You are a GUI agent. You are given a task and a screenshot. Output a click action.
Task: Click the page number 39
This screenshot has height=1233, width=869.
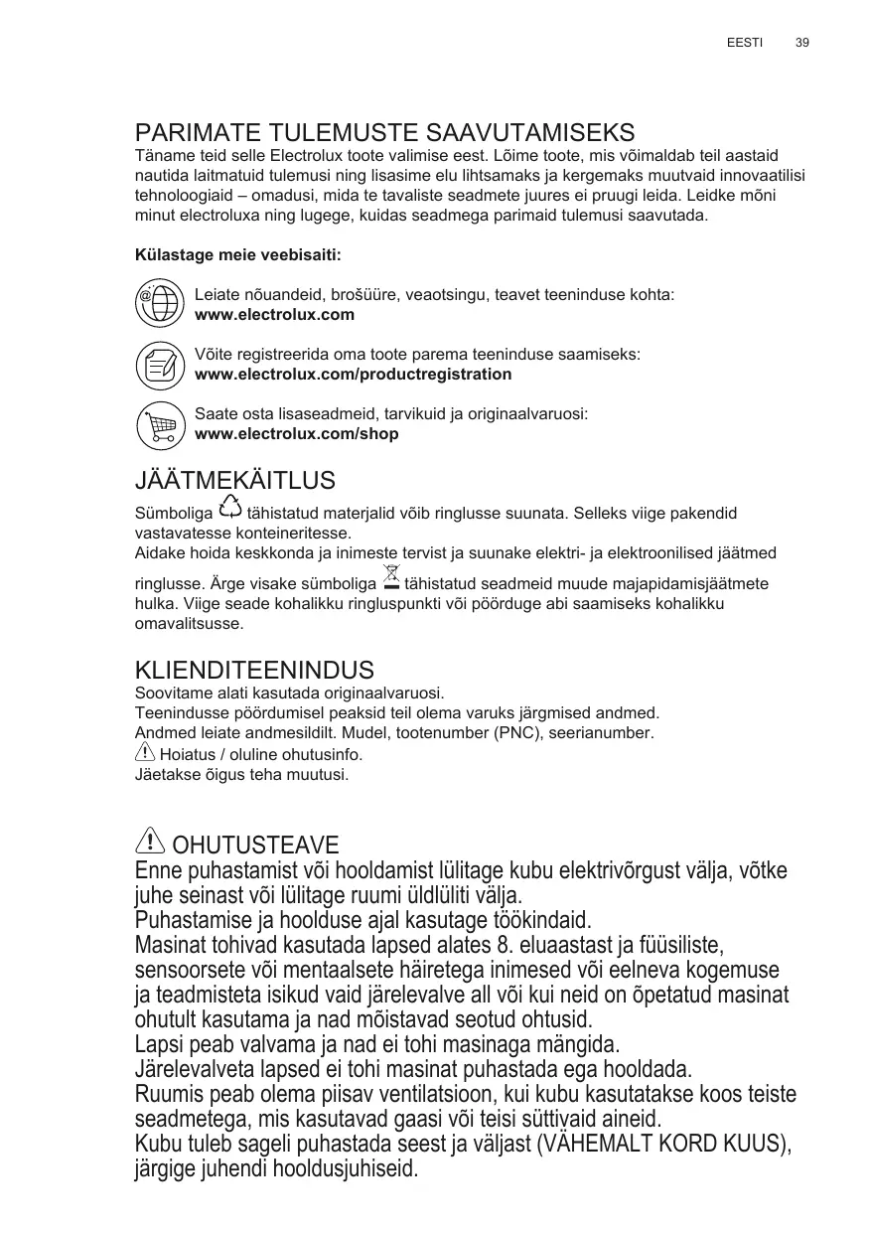802,43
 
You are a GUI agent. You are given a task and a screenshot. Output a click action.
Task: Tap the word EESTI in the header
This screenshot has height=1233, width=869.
745,43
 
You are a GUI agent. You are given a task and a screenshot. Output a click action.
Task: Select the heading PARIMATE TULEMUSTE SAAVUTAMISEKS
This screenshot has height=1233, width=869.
384,133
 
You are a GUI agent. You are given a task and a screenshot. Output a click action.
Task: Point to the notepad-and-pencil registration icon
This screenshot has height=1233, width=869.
159,365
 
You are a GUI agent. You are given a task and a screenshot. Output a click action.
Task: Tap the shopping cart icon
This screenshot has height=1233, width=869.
159,425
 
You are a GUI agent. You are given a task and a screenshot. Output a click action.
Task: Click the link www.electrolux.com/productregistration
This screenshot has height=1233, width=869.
354,375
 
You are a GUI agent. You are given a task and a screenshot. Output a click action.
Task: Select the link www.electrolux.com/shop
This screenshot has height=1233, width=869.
297,434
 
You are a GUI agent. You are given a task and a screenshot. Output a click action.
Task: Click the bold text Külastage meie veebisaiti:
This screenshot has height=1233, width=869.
237,255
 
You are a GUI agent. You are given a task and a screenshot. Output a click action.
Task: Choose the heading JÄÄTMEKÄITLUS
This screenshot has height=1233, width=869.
234,481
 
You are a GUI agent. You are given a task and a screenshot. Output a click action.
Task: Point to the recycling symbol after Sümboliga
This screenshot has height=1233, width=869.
229,507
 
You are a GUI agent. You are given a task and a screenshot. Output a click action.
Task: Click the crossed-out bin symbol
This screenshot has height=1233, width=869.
390,576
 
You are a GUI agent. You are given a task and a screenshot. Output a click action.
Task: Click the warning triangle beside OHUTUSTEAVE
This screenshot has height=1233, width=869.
149,842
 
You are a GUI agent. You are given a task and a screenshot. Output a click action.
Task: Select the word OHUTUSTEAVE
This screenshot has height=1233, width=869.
256,846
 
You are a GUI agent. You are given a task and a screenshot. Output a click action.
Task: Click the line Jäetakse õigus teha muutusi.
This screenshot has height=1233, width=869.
241,774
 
